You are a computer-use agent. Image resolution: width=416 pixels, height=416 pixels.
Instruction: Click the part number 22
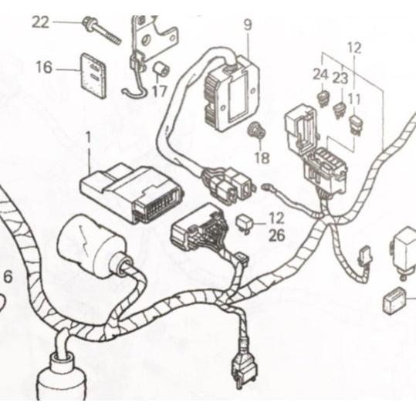click(39, 22)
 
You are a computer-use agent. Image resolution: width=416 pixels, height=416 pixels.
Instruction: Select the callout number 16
click(43, 68)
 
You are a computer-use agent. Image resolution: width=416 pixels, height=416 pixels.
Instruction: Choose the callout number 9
click(247, 25)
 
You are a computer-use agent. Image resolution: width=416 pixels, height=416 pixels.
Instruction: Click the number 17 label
click(159, 90)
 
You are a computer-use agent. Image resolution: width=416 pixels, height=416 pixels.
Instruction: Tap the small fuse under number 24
click(321, 99)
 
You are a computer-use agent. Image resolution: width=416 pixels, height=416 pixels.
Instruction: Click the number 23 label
click(340, 77)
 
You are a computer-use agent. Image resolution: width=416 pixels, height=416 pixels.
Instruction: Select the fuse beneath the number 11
click(356, 123)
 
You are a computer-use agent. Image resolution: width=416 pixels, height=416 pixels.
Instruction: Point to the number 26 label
click(276, 236)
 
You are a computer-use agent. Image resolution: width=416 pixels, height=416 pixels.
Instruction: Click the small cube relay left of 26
click(245, 223)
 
